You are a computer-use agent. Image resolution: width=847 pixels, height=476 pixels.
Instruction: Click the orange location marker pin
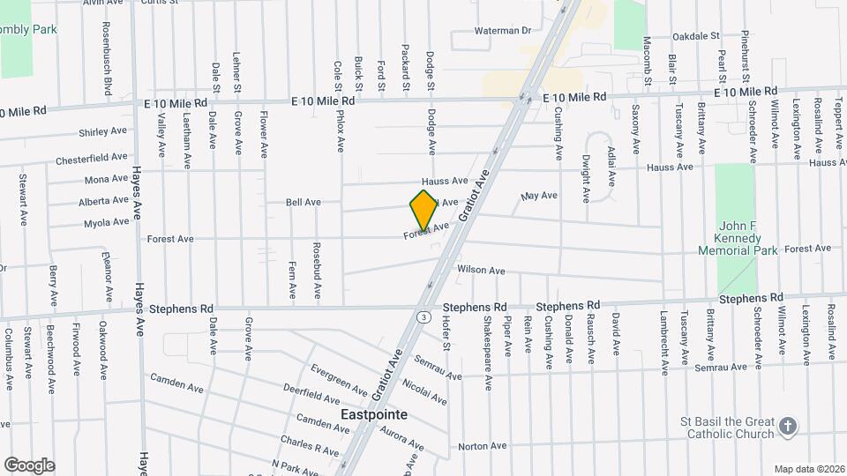point(423,210)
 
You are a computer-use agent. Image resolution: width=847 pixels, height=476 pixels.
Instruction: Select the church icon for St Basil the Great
point(789,428)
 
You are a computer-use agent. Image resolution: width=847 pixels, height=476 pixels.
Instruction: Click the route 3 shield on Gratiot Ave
point(425,316)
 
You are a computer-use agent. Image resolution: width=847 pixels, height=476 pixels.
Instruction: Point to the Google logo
point(29,465)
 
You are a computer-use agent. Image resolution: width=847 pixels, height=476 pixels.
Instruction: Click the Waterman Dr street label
point(502,30)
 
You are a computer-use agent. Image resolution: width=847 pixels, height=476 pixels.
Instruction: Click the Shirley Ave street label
point(103,131)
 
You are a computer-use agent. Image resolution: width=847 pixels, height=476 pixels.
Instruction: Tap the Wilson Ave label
point(481,270)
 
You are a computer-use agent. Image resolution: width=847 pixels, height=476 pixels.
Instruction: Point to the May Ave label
point(540,196)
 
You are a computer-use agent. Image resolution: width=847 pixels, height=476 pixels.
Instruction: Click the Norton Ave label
point(483,446)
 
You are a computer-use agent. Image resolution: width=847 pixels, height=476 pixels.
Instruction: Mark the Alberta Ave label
point(103,201)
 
